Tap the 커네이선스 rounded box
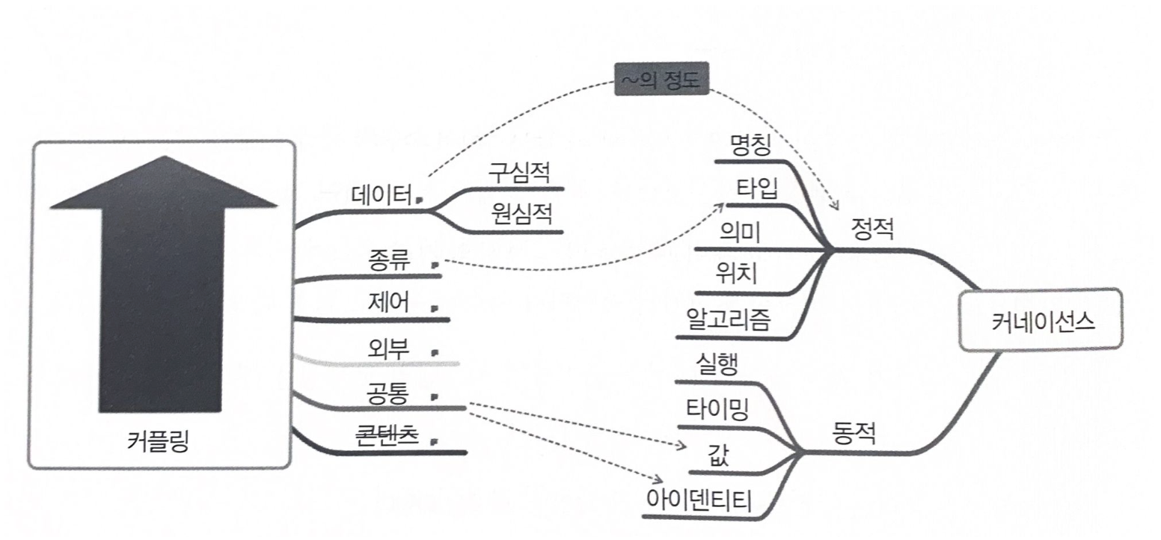(x=1042, y=320)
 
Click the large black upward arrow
(x=162, y=284)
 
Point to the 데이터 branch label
(x=382, y=195)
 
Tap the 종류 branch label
(x=389, y=262)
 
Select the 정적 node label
(x=872, y=230)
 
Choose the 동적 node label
(x=854, y=432)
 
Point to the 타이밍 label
(x=717, y=409)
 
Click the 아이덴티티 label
(x=699, y=499)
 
